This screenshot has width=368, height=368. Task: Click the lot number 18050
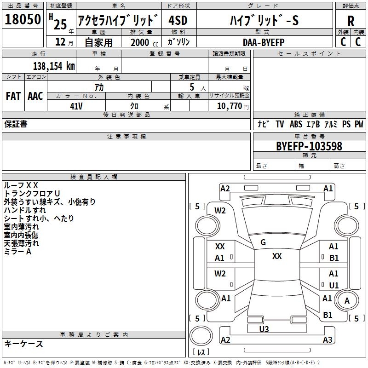23,20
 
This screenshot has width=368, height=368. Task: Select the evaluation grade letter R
351,21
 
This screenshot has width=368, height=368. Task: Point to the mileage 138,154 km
53,66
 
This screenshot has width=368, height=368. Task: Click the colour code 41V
76,106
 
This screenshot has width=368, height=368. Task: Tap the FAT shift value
13,96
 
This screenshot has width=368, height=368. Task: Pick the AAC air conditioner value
35,96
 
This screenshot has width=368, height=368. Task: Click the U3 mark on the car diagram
264,329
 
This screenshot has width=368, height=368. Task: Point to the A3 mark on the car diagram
328,340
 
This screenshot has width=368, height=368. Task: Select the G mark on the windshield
263,242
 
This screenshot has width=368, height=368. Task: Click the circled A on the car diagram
347,300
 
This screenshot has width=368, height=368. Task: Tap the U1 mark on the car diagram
333,285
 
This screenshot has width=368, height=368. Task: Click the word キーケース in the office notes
23,344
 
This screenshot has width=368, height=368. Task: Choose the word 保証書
16,124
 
